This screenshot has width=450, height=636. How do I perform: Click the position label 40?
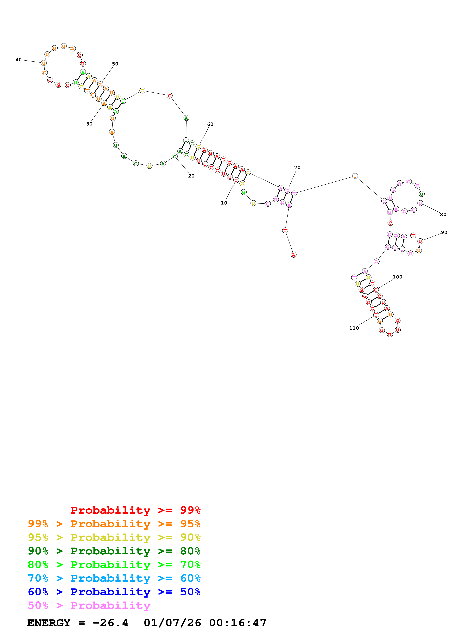tap(18, 60)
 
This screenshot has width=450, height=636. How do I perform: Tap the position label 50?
tap(115, 64)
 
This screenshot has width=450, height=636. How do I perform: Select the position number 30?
tap(89, 124)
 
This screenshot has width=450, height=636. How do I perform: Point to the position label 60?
tap(210, 124)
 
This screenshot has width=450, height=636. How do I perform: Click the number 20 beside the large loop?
tap(191, 176)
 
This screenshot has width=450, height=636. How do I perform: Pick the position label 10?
tap(224, 203)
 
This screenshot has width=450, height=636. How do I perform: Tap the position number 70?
tap(297, 168)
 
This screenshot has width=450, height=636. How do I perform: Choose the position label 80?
tap(443, 214)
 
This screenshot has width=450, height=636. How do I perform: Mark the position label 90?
tap(444, 232)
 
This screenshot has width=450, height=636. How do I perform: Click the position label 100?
tap(397, 277)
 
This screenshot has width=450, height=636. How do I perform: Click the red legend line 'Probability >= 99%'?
tap(135, 510)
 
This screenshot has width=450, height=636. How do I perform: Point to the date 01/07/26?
tap(172, 623)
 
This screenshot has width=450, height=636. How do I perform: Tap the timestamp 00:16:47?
tap(238, 623)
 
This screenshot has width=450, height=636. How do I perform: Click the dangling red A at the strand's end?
tap(293, 255)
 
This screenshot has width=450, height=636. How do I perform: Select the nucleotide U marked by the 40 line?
tap(44, 63)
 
